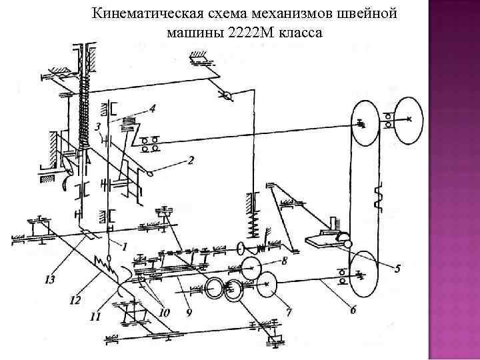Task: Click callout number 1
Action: pos(124,245)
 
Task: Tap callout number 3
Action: pos(98,127)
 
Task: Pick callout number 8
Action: pos(285,261)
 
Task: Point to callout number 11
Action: pos(95,317)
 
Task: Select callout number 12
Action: pos(75,301)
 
